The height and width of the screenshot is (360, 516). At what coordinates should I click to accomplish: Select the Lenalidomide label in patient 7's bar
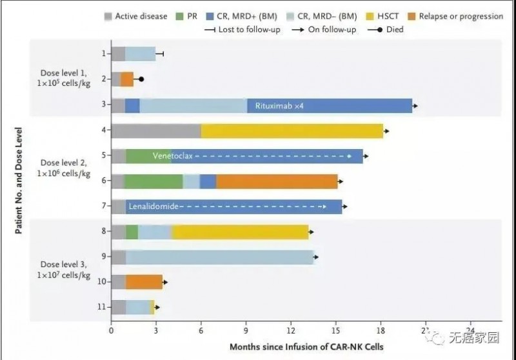153,206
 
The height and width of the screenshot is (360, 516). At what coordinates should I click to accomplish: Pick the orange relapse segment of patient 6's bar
277,181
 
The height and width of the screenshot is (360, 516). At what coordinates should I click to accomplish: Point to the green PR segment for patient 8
132,232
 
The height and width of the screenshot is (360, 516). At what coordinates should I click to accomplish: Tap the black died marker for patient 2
141,79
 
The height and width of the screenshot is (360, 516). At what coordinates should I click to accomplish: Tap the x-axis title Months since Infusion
306,347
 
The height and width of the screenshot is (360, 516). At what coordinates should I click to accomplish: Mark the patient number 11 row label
101,307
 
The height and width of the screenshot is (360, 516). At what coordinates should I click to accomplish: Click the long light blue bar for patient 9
219,257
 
